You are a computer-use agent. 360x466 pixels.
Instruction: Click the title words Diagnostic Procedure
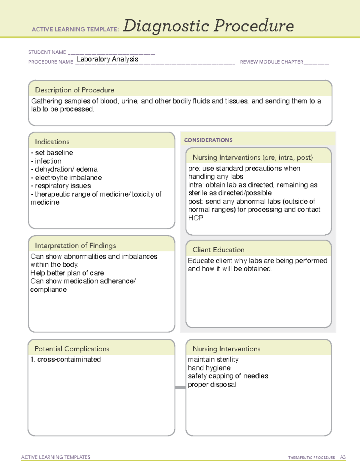208,26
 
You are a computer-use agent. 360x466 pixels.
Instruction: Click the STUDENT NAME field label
47,52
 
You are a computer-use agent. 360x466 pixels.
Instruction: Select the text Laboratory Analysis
107,59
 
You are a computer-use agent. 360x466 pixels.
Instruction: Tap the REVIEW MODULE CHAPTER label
271,62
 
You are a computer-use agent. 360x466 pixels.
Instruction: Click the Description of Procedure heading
74,90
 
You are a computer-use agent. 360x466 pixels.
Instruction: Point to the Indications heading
52,142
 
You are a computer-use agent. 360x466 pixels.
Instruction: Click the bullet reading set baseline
52,153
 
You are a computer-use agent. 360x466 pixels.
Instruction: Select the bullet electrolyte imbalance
67,178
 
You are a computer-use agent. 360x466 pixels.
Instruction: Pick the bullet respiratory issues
61,186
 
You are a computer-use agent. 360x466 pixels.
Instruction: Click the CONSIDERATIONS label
208,140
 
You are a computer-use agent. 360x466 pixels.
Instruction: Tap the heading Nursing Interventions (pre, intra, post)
253,158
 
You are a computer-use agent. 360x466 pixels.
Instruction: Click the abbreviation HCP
196,218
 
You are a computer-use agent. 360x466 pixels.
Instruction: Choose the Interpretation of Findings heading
75,245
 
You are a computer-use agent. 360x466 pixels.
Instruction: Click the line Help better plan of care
67,273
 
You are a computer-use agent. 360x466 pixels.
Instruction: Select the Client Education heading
218,250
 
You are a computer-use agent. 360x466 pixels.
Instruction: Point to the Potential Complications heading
72,349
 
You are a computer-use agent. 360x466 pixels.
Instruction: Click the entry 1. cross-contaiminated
66,359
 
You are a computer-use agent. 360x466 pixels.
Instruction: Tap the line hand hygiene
209,368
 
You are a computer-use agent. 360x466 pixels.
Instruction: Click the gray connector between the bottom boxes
180,387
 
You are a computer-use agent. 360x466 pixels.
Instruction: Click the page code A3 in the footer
343,457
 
